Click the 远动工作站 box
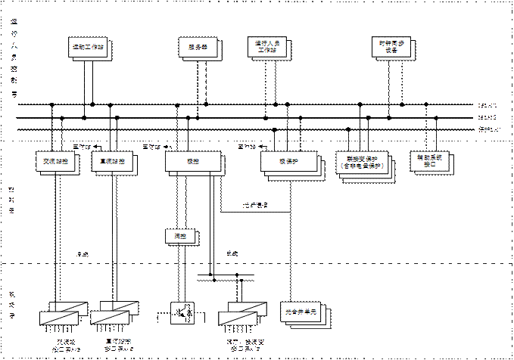[88, 48]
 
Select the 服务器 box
[198, 48]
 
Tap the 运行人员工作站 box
[268, 48]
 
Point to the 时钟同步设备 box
[388, 48]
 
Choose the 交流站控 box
[55, 161]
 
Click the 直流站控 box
[113, 161]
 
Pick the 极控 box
[192, 161]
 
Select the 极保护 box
[286, 161]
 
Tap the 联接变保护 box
[362, 163]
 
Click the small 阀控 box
[179, 236]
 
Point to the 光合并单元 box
[306, 311]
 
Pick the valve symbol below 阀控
[182, 311]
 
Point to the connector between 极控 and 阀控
[179, 200]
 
